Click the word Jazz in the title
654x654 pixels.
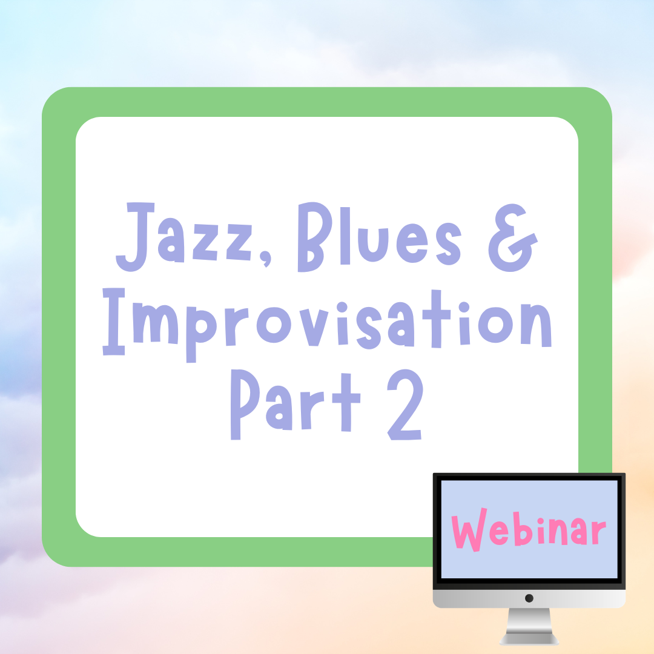click(183, 237)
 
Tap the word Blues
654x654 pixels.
click(380, 237)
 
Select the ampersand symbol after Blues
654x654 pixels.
click(513, 238)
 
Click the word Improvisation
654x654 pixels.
click(328, 325)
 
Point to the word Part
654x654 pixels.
click(296, 405)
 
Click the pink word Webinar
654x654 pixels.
click(529, 530)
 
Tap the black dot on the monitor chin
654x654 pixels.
click(529, 598)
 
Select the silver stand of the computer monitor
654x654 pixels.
click(529, 627)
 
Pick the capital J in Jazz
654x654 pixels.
click(135, 237)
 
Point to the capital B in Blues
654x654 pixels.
click(315, 237)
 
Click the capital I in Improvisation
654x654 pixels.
click(114, 322)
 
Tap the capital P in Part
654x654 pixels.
click(245, 404)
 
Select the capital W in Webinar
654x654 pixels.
click(469, 530)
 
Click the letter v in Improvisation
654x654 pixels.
click(314, 328)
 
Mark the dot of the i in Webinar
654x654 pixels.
click(541, 521)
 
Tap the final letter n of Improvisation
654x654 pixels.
click(536, 325)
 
